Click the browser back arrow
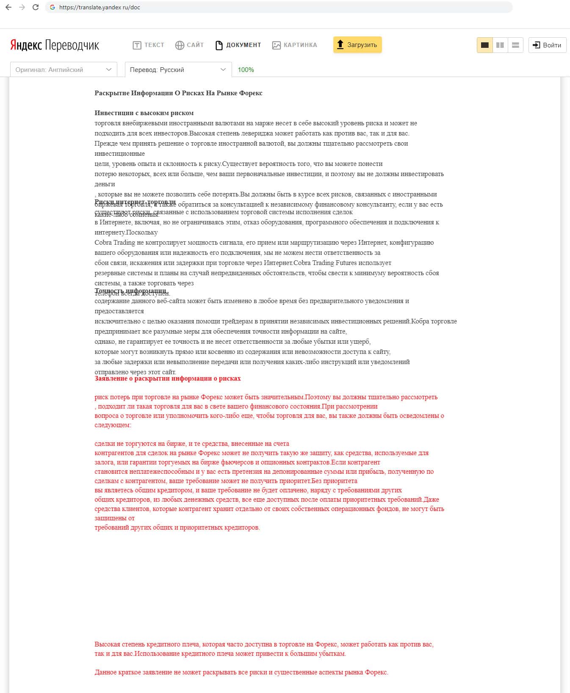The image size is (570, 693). pos(8,7)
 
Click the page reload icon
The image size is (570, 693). pos(36,7)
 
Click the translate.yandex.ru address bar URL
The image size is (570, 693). pos(100,7)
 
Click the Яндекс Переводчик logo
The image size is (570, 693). pos(55,45)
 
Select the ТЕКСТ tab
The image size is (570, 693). pos(149,45)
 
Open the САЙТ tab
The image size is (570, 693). pos(190,45)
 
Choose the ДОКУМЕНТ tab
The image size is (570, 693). pos(238,45)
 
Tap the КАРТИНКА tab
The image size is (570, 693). pos(295,45)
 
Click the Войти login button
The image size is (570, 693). pos(547,45)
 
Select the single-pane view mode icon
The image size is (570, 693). pos(485,45)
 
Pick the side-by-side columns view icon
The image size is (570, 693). pos(500,45)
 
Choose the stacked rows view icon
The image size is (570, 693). pos(515,45)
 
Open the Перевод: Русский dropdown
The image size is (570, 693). pos(178,70)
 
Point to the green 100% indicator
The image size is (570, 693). pos(246,70)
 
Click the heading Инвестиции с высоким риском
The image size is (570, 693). pos(144,113)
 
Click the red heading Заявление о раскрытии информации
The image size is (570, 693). pos(168,378)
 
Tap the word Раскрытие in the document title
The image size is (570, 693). pos(112,93)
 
